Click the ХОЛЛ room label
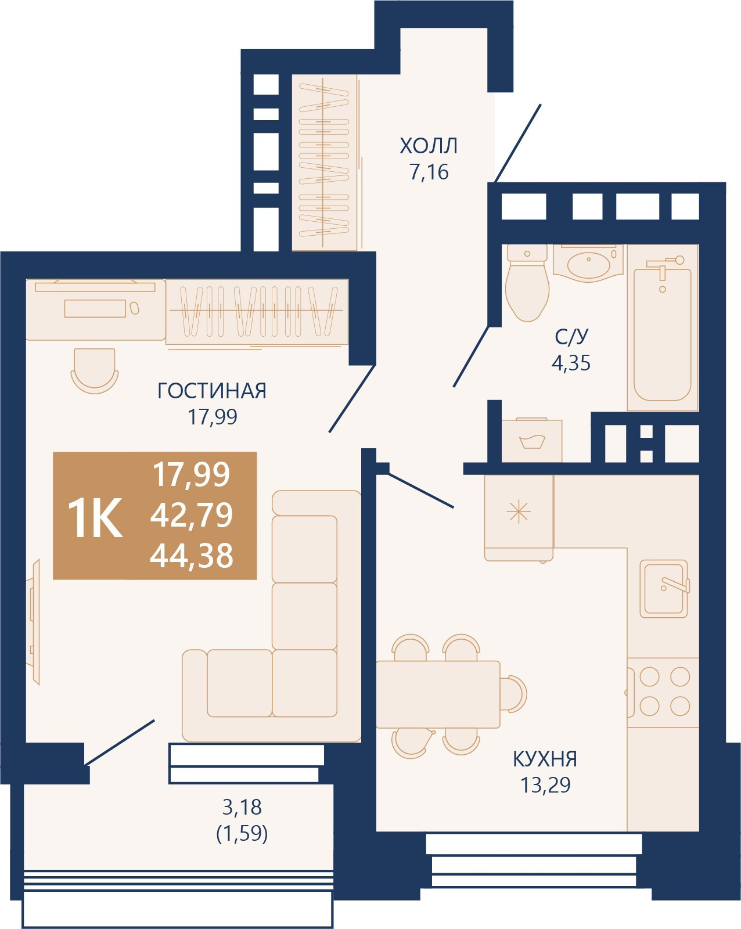(429, 146)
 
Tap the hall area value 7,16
(429, 172)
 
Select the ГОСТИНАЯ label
(212, 391)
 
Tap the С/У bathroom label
(571, 337)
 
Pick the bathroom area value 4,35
(571, 363)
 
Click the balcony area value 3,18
(242, 807)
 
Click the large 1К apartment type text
(95, 517)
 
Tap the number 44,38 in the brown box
(192, 555)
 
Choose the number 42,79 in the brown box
(192, 514)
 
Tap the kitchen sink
(664, 589)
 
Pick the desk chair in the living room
(95, 370)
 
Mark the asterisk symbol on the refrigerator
(519, 513)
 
